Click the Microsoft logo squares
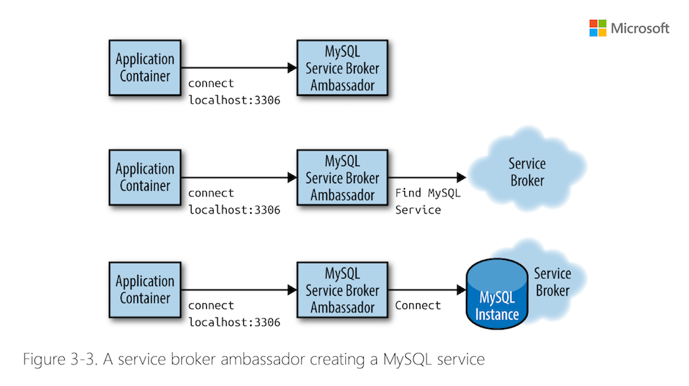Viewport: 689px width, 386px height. [x=597, y=28]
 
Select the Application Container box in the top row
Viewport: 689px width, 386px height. [x=145, y=68]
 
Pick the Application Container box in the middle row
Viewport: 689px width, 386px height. [x=145, y=177]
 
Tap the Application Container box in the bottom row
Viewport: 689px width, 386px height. [x=145, y=289]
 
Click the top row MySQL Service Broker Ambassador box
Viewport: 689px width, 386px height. [x=342, y=68]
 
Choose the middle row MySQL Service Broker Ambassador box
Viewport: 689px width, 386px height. [x=342, y=177]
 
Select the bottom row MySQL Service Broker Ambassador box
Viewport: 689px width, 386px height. [x=342, y=289]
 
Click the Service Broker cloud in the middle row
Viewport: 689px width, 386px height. [x=527, y=172]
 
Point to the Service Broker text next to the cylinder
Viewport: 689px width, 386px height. [x=553, y=282]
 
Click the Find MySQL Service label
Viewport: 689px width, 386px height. [x=427, y=201]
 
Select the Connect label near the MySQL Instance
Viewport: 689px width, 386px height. [x=418, y=305]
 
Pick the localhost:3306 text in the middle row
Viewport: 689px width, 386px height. [x=234, y=210]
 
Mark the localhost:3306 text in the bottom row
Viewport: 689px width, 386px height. [x=234, y=322]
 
